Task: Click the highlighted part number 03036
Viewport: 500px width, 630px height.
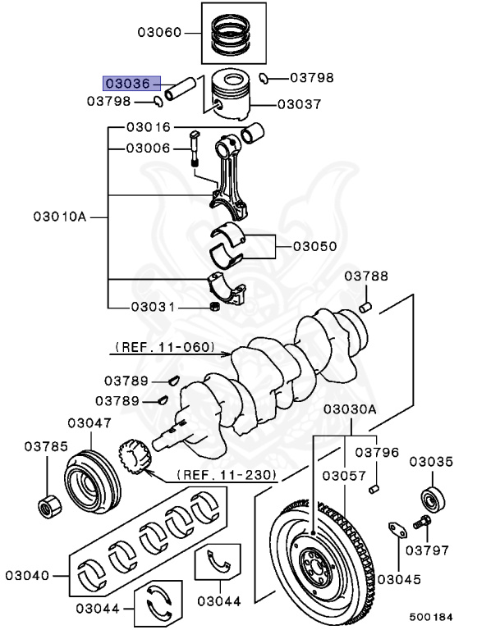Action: point(126,83)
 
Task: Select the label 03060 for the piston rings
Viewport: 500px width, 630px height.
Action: point(160,34)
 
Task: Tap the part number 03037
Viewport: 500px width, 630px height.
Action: point(300,104)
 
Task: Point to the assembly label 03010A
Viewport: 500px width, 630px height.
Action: point(60,217)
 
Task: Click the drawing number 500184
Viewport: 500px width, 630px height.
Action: point(431,617)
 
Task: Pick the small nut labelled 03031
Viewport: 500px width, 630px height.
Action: point(215,307)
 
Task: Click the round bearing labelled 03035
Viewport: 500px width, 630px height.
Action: point(432,497)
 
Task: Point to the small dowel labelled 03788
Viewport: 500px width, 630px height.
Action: point(367,308)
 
